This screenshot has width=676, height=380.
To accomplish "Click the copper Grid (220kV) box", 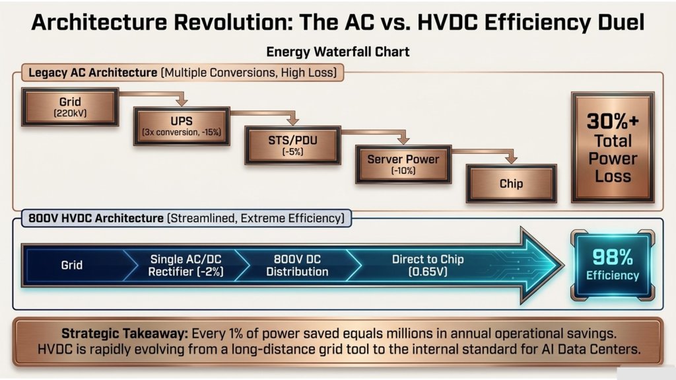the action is pos(70,107).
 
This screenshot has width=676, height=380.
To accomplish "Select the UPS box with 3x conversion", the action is pos(182,126).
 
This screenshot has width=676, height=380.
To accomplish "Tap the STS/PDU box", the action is pos(292,145).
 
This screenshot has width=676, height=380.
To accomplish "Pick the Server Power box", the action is pos(403,164).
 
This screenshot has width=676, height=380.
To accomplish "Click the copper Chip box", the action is pos(512,184).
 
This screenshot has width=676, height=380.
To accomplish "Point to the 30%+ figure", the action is pos(613,122).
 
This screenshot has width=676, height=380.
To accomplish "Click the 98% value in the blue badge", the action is pos(613,257).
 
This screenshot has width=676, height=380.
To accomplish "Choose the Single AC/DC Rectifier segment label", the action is pos(186,265).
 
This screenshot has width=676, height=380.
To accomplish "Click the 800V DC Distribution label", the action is pos(297,265).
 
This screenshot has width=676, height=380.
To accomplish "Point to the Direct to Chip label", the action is pos(428,265).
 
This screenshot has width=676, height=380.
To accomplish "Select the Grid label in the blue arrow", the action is pos(71,265).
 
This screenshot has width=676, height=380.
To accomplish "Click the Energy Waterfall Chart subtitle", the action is pos(337,52).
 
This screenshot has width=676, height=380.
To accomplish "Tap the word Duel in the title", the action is pos(621,22).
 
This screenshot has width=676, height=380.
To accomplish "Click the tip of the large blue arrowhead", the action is pos(564,265).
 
